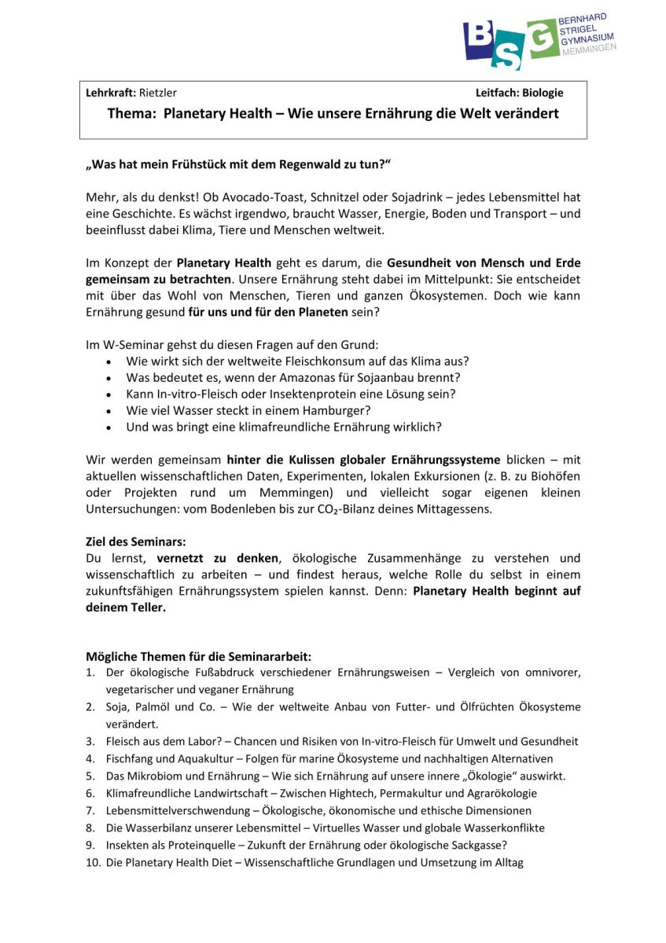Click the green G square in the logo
543,39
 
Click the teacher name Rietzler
158,93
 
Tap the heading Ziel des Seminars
135,542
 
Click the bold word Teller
145,608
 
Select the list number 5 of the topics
90,776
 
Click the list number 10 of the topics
92,862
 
